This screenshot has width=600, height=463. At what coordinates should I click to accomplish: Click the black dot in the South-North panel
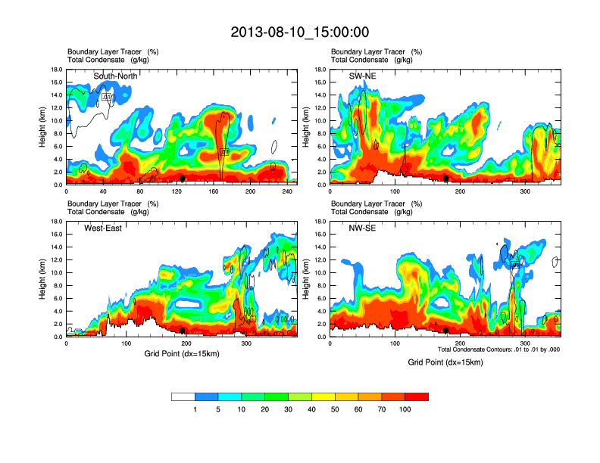click(182, 179)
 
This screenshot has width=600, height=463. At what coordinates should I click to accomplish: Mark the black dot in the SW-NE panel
click(446, 179)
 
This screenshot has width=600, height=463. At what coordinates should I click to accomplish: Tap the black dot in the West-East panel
click(183, 331)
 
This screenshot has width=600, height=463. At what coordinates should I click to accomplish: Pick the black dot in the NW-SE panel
click(446, 331)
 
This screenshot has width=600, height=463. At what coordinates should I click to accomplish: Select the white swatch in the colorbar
click(183, 396)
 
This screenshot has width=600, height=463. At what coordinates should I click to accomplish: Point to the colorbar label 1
click(195, 409)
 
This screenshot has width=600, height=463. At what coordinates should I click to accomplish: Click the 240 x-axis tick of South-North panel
click(286, 192)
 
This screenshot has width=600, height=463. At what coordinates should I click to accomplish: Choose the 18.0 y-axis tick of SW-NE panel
click(321, 70)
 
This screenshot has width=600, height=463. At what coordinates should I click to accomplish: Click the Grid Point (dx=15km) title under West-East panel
click(181, 353)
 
